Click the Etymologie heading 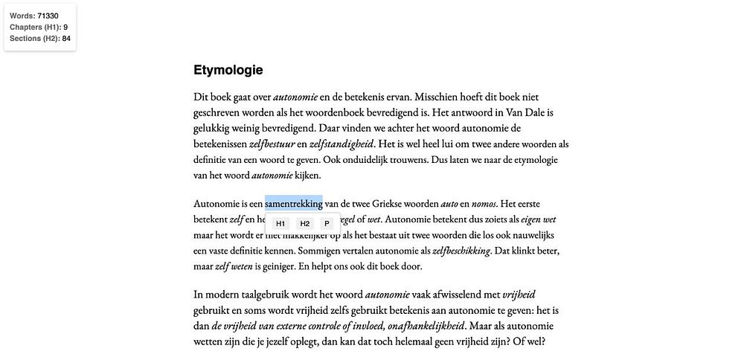pos(228,71)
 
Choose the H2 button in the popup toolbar pos(305,224)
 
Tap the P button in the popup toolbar pos(327,224)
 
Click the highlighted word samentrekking pos(293,203)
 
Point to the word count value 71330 pos(48,16)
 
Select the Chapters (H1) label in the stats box pos(34,27)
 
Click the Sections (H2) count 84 pos(66,38)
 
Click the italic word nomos pos(484,203)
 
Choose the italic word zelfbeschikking pos(461,251)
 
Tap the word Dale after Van pos(529,112)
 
